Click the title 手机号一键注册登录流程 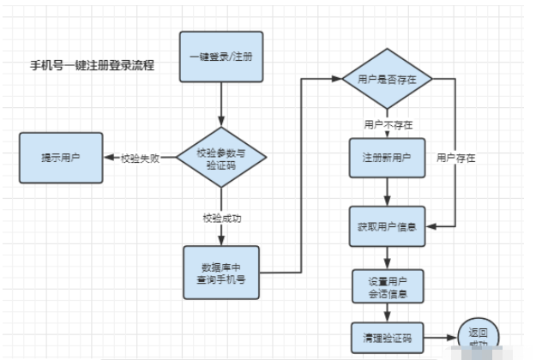[93, 65]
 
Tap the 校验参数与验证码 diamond [220, 157]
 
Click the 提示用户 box [63, 157]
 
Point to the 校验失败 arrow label [141, 157]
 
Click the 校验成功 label [221, 219]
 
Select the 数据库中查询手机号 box [222, 272]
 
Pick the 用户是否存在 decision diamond [387, 79]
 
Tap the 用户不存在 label [387, 124]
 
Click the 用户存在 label [455, 159]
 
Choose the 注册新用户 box [387, 159]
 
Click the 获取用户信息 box [387, 227]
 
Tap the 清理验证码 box [387, 337]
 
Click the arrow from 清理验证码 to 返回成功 [442, 338]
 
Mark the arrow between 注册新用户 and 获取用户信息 [387, 193]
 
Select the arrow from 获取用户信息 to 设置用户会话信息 [387, 257]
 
